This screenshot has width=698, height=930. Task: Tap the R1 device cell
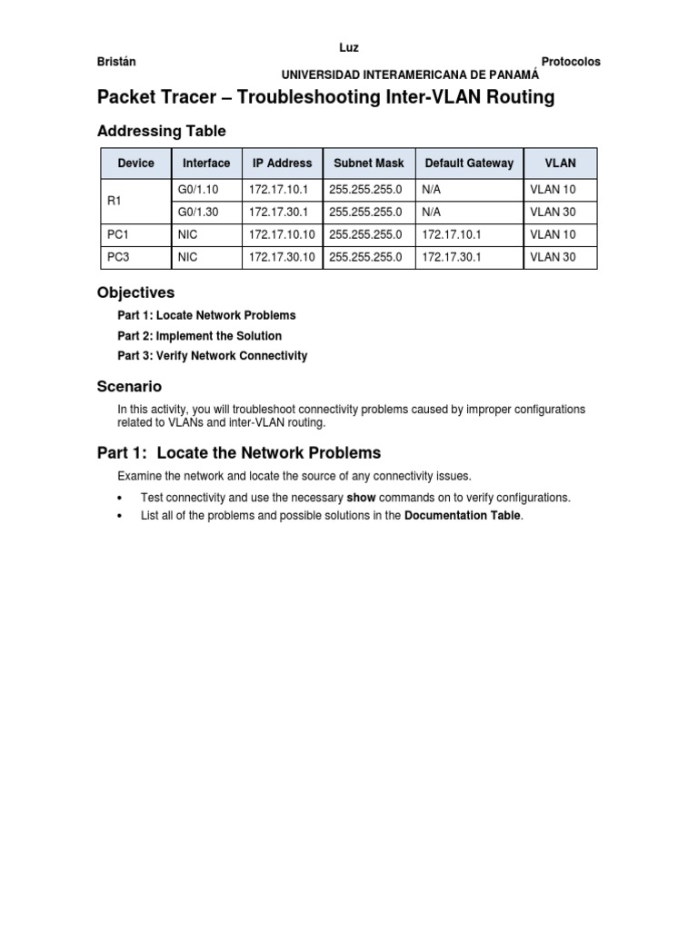coord(115,201)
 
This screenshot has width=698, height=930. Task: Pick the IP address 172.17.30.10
coord(281,257)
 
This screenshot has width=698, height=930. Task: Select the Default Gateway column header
coord(469,163)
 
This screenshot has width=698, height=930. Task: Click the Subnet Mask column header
coord(368,163)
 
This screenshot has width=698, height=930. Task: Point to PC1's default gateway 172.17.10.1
coord(453,234)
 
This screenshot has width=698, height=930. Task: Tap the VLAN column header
coord(560,163)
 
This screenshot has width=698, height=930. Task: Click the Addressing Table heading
coord(161,132)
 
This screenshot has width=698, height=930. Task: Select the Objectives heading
coord(135,292)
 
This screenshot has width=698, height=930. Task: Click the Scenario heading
coord(129,386)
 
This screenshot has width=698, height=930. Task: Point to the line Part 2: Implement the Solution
coord(199,336)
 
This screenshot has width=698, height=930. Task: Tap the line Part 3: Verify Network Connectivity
coord(212,356)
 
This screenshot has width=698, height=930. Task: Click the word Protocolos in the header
coord(570,62)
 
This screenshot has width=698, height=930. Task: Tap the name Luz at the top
coord(348,47)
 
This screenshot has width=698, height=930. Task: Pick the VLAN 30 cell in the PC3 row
coord(553,257)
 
